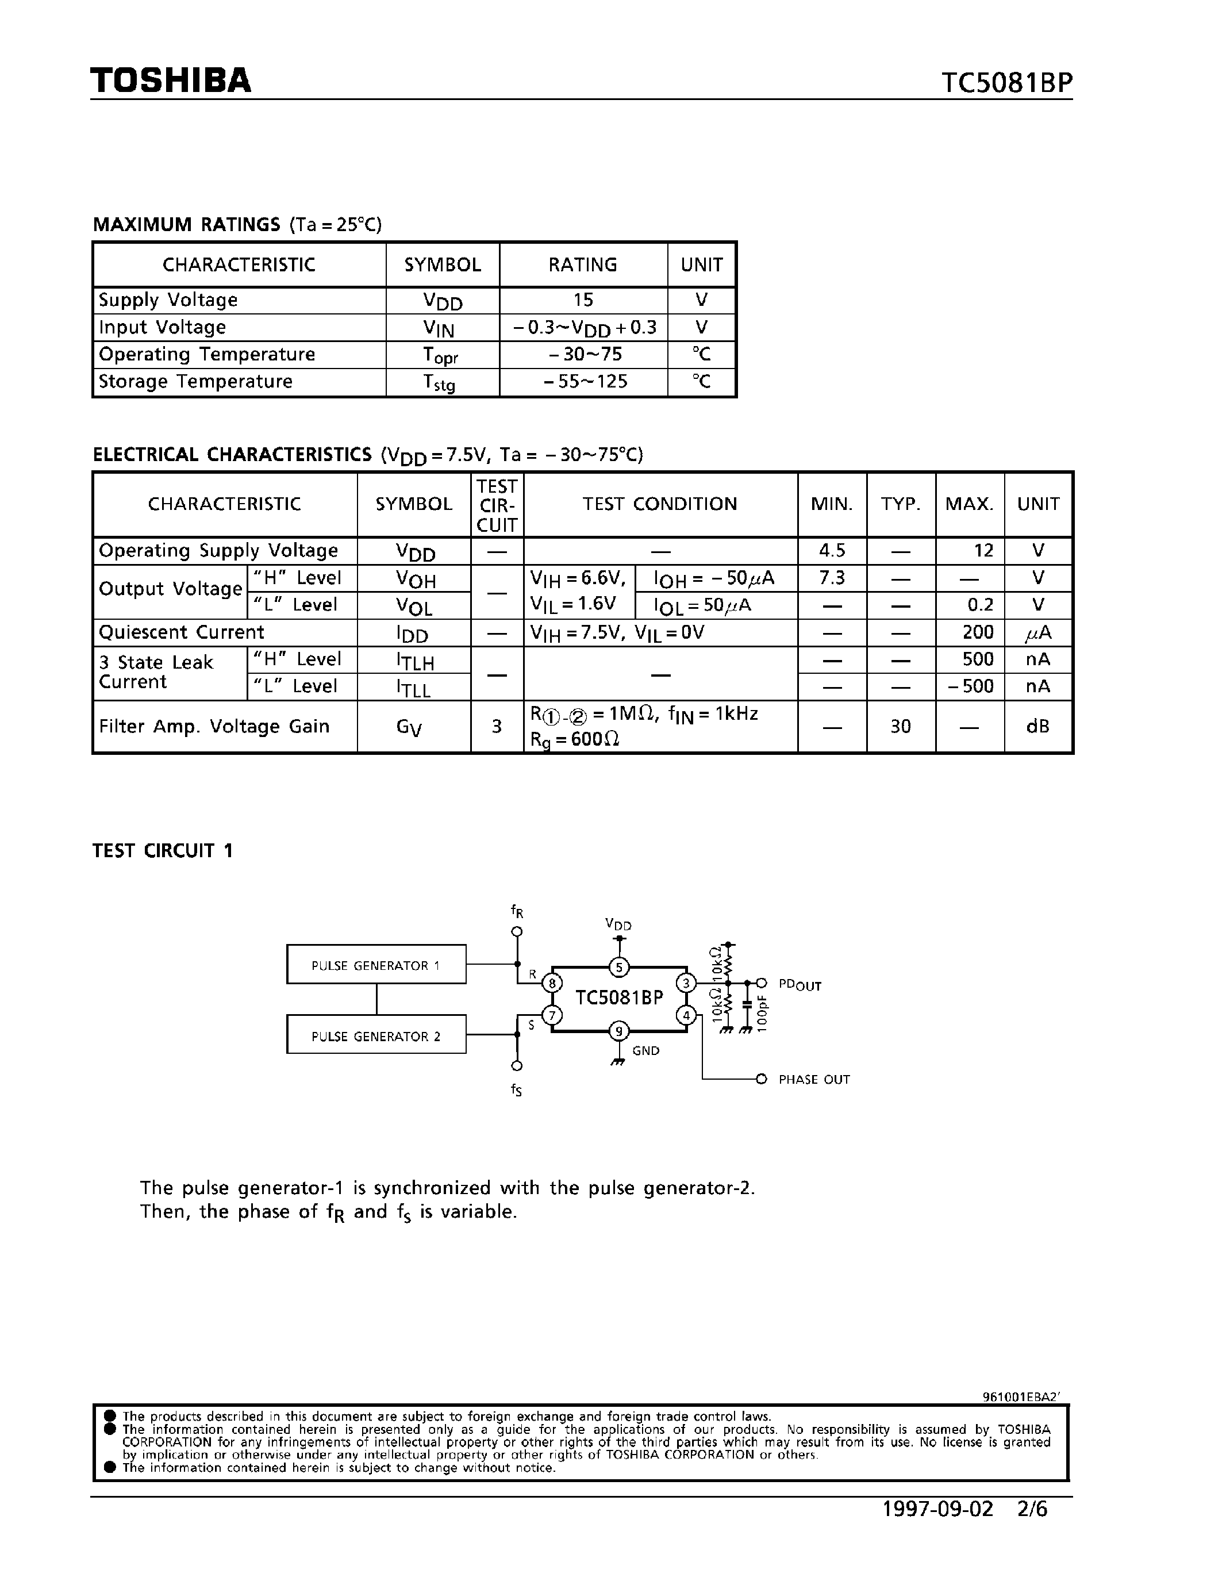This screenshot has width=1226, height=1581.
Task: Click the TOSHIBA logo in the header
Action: (171, 80)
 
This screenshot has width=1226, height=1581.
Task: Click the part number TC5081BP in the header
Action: (1006, 83)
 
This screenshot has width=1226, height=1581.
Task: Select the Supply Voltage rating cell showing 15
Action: (583, 300)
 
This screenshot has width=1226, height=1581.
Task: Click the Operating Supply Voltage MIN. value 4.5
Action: (832, 550)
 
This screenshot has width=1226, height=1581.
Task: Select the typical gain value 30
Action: (900, 726)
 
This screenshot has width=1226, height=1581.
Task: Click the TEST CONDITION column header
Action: (659, 504)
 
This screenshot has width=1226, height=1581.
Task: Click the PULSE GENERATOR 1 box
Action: (375, 965)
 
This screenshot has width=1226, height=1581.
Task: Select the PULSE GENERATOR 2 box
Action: (375, 1036)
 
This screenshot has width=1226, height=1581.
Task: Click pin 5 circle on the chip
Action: (619, 966)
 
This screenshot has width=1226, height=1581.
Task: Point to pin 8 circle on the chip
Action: (552, 983)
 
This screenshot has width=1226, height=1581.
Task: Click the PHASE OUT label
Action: (813, 1079)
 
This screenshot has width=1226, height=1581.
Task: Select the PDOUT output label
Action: (799, 984)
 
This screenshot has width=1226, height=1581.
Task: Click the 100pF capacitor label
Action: (762, 1012)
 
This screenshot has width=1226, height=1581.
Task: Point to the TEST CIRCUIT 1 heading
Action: (163, 851)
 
